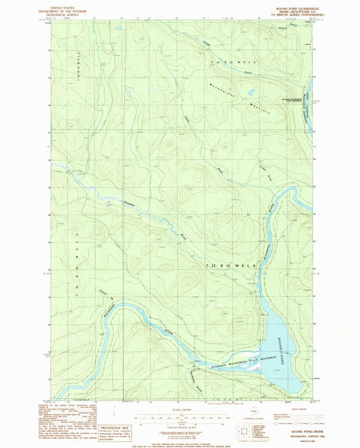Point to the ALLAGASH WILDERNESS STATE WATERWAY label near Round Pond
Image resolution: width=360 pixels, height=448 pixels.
point(230,362)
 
